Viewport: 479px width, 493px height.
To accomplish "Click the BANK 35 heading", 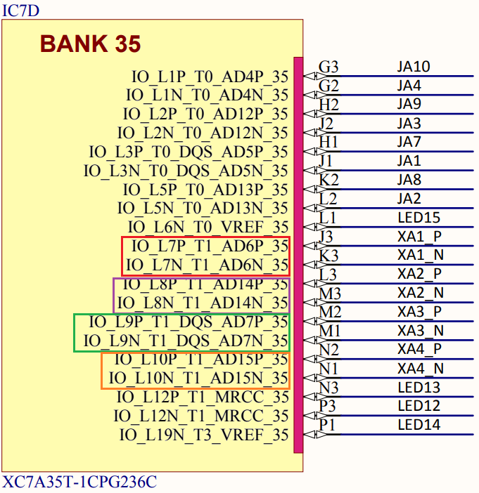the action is coord(90,44).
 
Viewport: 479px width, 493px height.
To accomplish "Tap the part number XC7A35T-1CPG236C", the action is coord(79,482).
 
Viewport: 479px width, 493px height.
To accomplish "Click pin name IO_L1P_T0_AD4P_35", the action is coord(210,76).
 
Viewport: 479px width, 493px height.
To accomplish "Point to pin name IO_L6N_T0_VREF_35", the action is coord(208,227).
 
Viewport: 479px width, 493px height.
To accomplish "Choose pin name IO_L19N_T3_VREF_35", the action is coord(204,435).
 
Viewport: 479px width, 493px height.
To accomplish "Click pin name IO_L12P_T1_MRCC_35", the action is coord(203,397).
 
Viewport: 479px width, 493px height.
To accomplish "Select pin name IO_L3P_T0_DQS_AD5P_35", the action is coord(189,152).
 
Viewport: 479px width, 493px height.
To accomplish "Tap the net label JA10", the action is coord(413,67).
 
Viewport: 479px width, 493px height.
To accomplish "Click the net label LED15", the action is coord(419,218).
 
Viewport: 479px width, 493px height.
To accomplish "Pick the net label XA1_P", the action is coord(419,237).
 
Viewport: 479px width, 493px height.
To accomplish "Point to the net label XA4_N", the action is coord(420,369).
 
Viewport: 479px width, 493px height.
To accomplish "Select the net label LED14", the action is coord(419,424).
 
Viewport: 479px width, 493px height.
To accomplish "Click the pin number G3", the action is coord(328,67).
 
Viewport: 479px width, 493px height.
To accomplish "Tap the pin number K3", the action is coord(328,256).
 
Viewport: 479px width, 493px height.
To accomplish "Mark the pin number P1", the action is coord(327,425).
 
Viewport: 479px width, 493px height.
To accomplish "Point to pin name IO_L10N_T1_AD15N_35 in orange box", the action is coord(198,378).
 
